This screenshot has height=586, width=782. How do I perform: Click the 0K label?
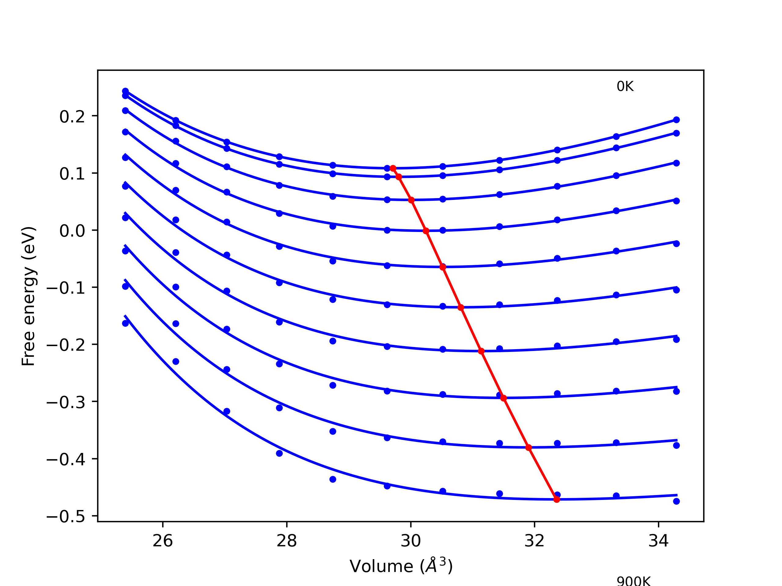[625, 87]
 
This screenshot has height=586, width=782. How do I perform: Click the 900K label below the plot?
[634, 581]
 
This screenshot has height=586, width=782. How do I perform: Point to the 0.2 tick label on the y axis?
[72, 117]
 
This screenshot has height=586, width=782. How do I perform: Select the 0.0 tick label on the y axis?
[72, 231]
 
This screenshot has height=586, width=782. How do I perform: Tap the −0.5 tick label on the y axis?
[66, 517]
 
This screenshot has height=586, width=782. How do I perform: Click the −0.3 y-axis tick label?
[66, 402]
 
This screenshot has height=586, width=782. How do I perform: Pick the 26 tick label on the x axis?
[163, 541]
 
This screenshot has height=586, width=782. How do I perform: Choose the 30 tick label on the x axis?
[411, 541]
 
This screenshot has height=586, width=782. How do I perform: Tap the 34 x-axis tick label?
[658, 541]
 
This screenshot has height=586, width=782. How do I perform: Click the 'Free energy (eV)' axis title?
[28, 296]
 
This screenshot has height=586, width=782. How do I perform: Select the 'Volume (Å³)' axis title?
[401, 566]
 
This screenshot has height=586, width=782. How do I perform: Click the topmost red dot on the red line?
[393, 168]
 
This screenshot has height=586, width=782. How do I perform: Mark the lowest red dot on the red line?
[557, 499]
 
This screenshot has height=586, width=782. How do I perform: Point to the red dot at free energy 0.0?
[426, 231]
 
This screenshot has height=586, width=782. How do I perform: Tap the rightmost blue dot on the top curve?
[676, 120]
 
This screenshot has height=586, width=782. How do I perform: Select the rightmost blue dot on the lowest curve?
[676, 501]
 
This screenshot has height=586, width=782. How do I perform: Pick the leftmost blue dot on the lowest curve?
[126, 323]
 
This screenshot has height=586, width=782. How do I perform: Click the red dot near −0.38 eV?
[528, 447]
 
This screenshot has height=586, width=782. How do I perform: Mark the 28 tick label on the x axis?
[286, 541]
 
